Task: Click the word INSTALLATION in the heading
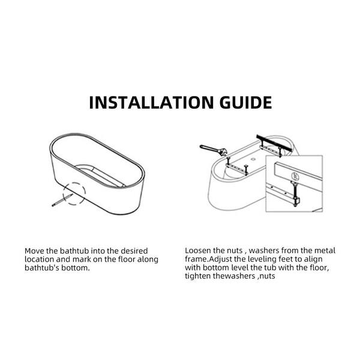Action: (x=152, y=103)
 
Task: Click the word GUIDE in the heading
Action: (x=245, y=103)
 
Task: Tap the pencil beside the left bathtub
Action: (x=62, y=200)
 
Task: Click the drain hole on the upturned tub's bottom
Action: (x=253, y=159)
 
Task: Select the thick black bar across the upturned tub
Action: (x=274, y=143)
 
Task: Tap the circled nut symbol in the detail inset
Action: (x=295, y=176)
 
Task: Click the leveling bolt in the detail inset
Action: (x=294, y=194)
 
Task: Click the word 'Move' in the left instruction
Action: (x=34, y=251)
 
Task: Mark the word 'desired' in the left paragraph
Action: (x=134, y=251)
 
